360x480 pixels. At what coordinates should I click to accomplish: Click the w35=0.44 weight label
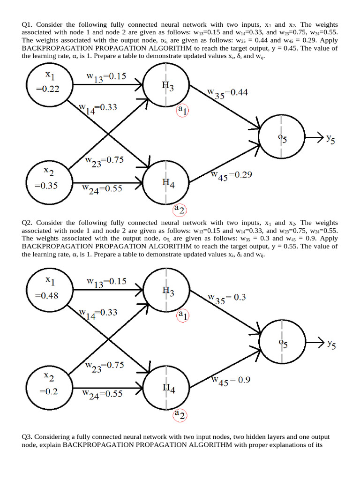(229, 93)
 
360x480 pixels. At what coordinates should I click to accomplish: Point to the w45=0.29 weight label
(232, 175)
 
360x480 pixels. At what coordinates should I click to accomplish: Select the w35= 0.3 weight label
(227, 298)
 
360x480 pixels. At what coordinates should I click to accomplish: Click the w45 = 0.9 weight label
(231, 381)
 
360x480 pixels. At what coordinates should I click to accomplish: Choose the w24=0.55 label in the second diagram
(102, 394)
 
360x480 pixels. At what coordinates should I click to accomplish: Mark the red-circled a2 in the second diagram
(180, 414)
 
